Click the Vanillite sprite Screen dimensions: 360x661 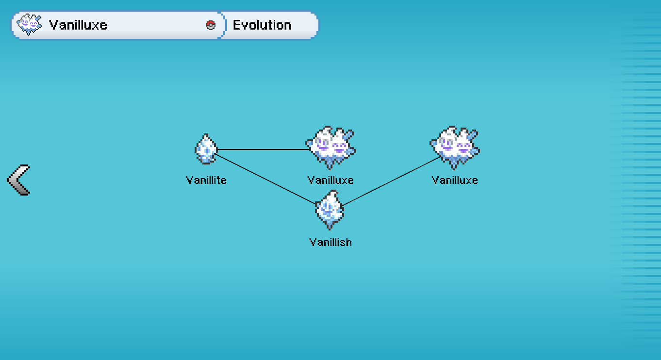coord(206,149)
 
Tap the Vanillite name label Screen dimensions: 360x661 coord(206,180)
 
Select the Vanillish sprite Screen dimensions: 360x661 coord(330,210)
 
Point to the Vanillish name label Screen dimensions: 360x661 coord(330,242)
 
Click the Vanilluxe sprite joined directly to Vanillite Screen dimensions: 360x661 coord(330,147)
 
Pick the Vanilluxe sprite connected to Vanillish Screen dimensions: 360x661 coord(455,147)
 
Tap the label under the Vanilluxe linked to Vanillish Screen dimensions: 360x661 coord(455,180)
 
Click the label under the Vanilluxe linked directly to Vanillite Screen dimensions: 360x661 coord(330,180)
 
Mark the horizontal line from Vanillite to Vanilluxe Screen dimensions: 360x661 coord(262,149)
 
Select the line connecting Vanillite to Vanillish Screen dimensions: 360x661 coord(266,179)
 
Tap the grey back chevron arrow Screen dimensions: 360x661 coord(19,180)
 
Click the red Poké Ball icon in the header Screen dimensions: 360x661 coord(211,25)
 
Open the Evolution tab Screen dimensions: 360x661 coord(263,25)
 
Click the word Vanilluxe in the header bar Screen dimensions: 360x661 coord(78,25)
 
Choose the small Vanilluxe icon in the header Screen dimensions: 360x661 coord(29,25)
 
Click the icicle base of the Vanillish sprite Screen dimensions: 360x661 coord(330,224)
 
